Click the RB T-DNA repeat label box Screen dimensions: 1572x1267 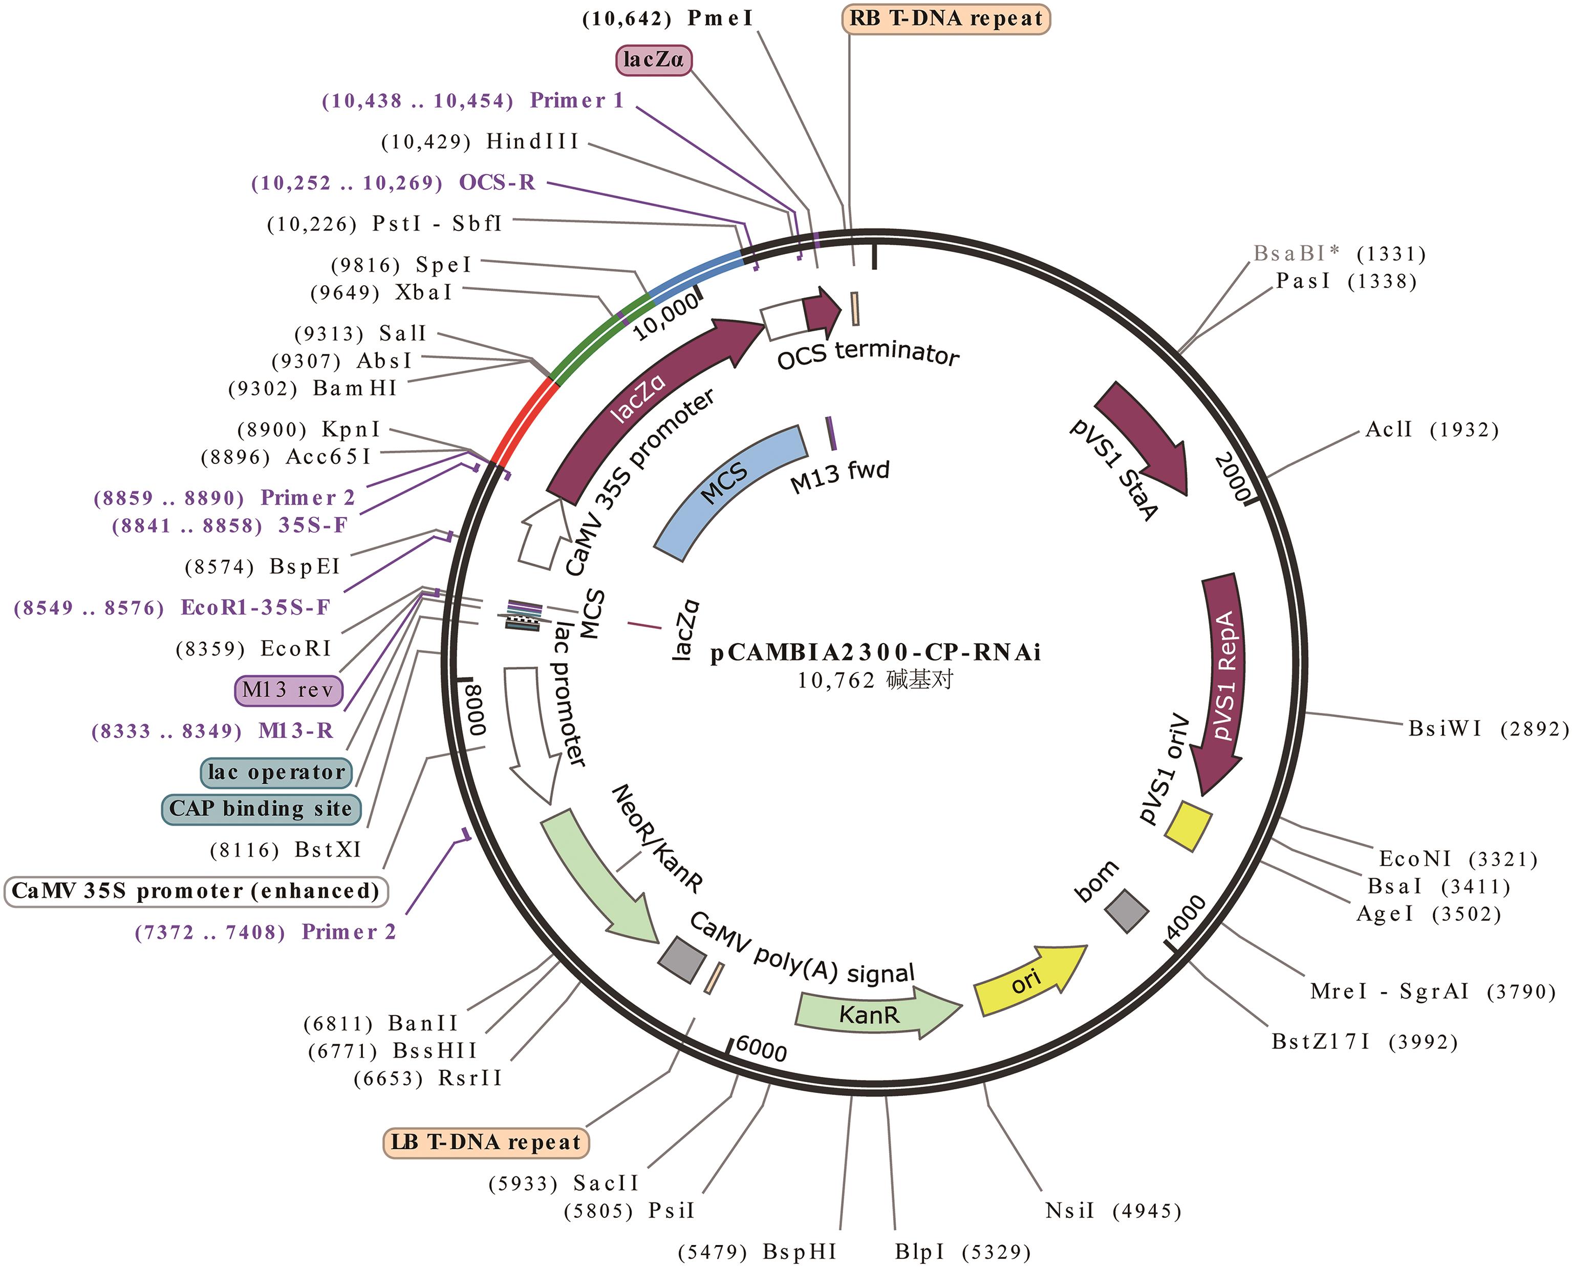tap(945, 19)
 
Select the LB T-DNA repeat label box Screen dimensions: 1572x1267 tap(486, 1142)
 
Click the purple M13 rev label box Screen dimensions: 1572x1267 tap(288, 690)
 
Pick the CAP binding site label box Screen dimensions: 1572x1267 tap(261, 809)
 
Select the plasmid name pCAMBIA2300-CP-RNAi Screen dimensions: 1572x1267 tap(875, 652)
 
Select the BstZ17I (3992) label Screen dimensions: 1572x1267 tap(1365, 1042)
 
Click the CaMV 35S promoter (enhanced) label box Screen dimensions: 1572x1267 tap(196, 891)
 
